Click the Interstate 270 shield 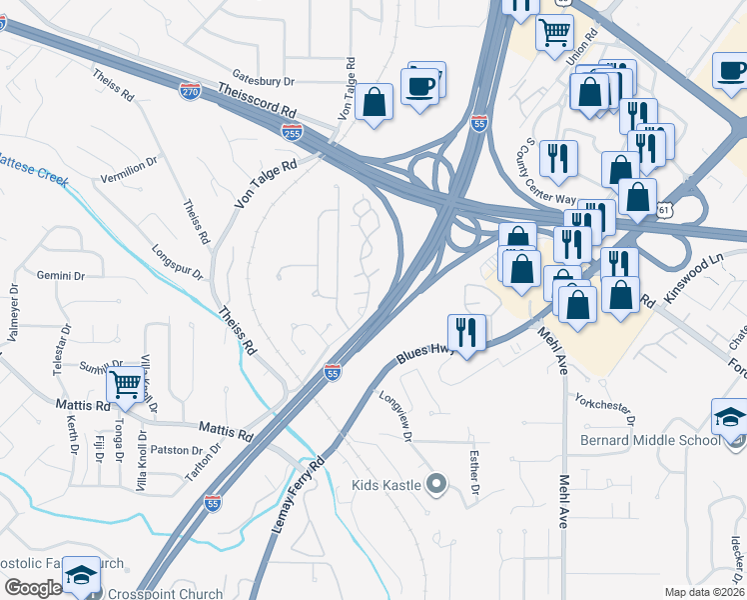pyautogui.click(x=189, y=91)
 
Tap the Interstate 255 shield pyautogui.click(x=292, y=130)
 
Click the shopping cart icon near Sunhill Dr pyautogui.click(x=125, y=383)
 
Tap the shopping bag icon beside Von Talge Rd pyautogui.click(x=373, y=102)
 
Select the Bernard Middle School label pyautogui.click(x=650, y=440)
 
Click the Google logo pyautogui.click(x=32, y=588)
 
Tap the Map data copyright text pyautogui.click(x=704, y=592)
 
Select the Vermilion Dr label pyautogui.click(x=129, y=169)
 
